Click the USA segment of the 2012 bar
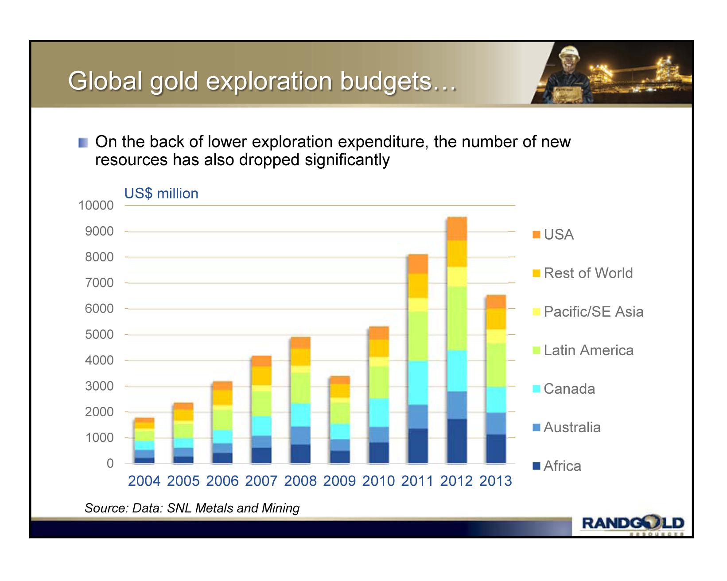(x=457, y=229)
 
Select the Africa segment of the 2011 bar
(x=418, y=446)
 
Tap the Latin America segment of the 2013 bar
(x=496, y=365)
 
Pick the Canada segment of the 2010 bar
(x=379, y=412)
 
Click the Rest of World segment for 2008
(x=301, y=357)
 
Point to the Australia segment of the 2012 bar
(x=457, y=405)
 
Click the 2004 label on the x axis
(x=144, y=481)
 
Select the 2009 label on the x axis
(x=339, y=481)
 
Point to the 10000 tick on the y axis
(x=96, y=205)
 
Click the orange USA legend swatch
(x=537, y=234)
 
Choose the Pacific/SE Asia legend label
(x=593, y=312)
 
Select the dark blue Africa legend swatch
(x=537, y=466)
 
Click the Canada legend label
(x=569, y=389)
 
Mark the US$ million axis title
(x=161, y=194)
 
